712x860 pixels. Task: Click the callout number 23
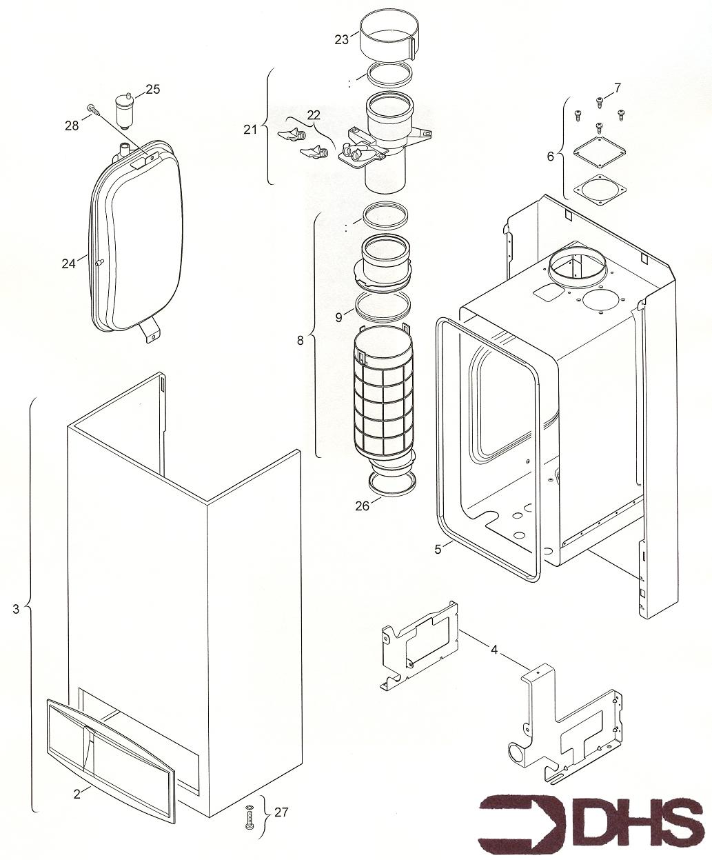pos(342,39)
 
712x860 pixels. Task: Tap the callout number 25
pos(152,89)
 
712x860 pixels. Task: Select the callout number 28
pos(72,125)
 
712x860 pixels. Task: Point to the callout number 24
pos(68,263)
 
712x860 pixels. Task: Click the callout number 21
pos(250,128)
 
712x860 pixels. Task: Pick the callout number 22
pos(314,114)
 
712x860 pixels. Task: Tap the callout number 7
pos(617,88)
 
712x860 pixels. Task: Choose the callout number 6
pos(550,157)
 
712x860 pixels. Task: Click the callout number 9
pos(338,317)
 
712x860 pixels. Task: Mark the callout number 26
pos(363,506)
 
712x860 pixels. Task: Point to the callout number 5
pos(438,549)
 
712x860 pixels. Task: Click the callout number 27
pos(281,812)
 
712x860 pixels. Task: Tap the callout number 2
pos(77,793)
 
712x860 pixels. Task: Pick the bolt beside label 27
pos(249,819)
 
